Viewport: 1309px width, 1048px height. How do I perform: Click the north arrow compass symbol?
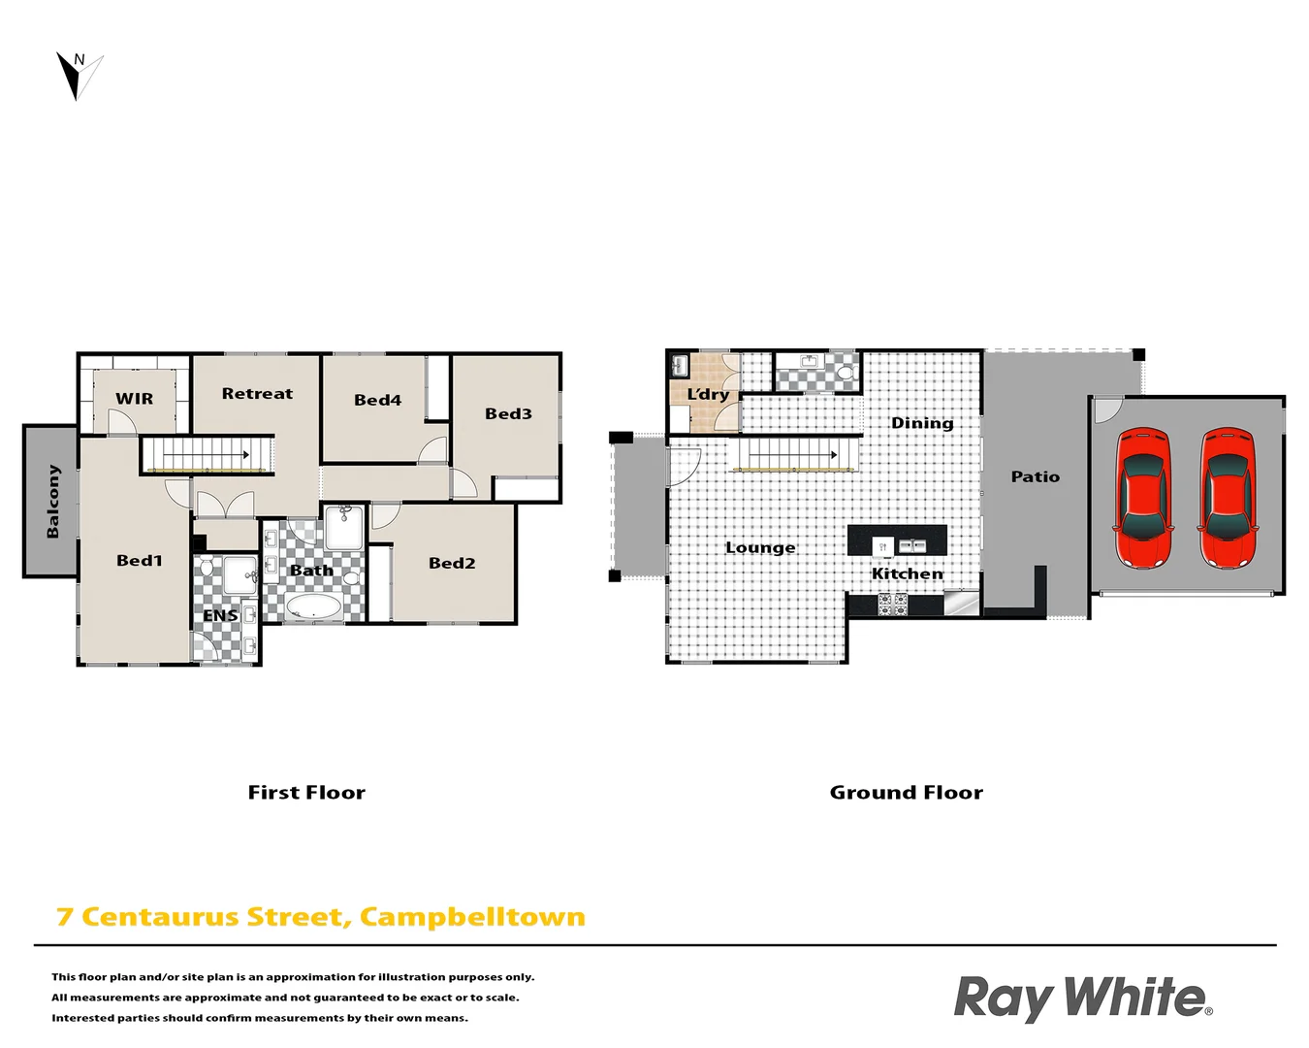tap(78, 75)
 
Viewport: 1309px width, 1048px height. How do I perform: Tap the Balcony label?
tap(52, 501)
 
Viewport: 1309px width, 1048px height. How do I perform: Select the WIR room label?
tap(134, 399)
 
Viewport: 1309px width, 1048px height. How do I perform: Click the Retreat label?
tap(257, 394)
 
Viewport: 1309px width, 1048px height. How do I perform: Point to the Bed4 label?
tap(377, 400)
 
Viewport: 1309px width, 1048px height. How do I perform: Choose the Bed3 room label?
tap(508, 413)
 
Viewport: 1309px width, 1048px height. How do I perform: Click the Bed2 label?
tap(452, 563)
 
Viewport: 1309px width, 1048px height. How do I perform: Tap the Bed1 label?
tap(140, 560)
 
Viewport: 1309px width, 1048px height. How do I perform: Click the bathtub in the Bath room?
tap(313, 608)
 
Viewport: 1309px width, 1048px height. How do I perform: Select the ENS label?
tap(220, 615)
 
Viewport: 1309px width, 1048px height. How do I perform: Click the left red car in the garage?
tap(1143, 498)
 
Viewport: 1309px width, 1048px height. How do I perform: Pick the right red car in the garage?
tap(1228, 498)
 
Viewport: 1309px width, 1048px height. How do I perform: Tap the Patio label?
tap(1035, 476)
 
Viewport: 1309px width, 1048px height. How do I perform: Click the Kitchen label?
tap(907, 573)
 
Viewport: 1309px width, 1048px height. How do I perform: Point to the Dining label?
tap(922, 423)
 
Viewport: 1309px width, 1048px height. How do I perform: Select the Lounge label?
tap(760, 547)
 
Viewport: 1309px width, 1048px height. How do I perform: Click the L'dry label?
tap(708, 394)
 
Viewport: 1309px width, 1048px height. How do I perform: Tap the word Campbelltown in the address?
tap(472, 917)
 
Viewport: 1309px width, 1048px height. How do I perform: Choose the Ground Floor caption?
tap(906, 793)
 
